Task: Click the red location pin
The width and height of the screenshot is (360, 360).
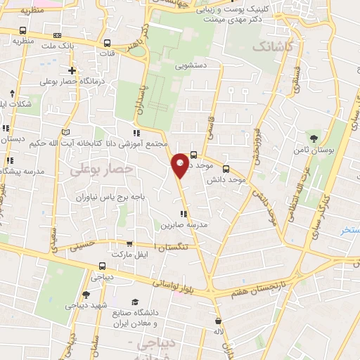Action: point(180,165)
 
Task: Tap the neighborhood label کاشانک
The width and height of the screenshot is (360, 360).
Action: point(270,46)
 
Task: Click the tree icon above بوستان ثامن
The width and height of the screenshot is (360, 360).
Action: point(314,138)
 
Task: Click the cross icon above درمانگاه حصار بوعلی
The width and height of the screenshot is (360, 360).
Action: point(72,70)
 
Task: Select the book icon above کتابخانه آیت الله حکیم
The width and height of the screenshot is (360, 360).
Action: point(67,132)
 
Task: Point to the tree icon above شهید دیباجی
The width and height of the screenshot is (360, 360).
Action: point(86,295)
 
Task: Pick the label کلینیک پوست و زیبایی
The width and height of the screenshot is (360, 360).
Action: point(237,11)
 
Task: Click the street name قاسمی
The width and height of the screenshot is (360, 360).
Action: point(212,129)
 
